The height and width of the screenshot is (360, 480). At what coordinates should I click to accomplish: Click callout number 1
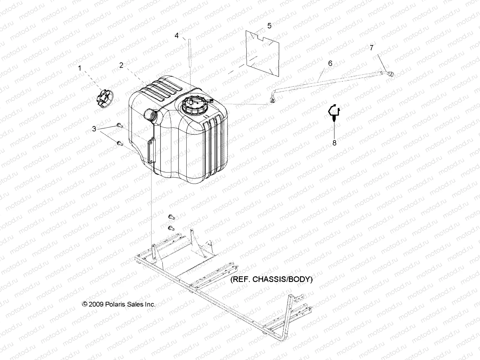click(x=80, y=68)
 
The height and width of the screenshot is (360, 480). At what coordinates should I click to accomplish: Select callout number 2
click(x=121, y=65)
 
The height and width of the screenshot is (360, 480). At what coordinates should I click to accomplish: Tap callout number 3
click(x=94, y=129)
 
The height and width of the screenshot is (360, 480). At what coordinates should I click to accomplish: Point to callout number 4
click(x=177, y=36)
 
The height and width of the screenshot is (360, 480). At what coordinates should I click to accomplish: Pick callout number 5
click(x=269, y=26)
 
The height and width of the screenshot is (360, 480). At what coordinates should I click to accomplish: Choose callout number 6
click(x=330, y=63)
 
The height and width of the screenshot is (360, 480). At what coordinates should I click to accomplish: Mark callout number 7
click(x=371, y=48)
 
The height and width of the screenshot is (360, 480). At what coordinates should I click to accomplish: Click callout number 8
click(x=334, y=143)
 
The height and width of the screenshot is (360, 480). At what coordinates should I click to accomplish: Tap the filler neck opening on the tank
click(x=150, y=114)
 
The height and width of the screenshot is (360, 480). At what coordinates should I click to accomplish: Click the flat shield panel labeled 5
click(x=262, y=52)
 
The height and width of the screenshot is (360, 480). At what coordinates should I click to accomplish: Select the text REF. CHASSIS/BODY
click(x=271, y=279)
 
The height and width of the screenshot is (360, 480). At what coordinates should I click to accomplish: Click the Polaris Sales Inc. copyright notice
click(x=119, y=304)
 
